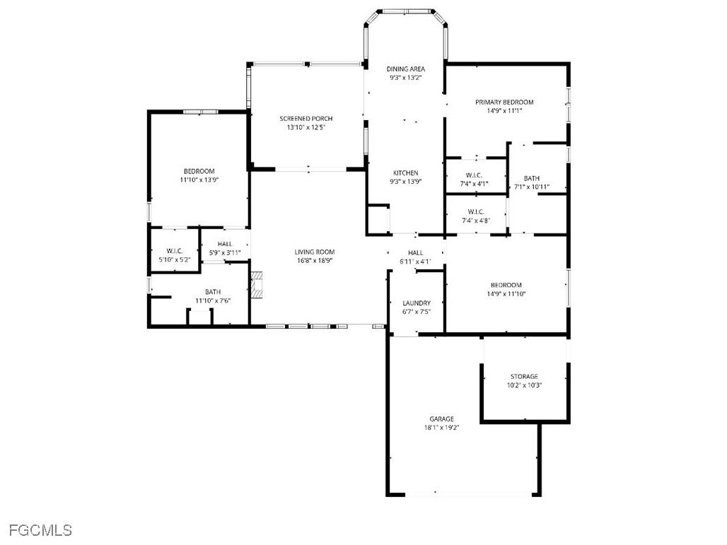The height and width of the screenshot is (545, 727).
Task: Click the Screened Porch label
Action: click(306, 119)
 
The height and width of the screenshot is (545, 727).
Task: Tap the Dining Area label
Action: click(405, 69)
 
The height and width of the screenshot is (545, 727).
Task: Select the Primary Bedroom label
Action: click(504, 102)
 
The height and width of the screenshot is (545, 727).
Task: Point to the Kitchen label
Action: click(405, 173)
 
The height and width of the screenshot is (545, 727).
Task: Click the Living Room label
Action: click(315, 252)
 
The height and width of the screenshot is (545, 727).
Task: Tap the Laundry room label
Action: click(416, 303)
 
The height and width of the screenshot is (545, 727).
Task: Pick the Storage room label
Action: click(524, 377)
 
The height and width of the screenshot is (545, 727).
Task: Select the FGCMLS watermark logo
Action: click(40, 529)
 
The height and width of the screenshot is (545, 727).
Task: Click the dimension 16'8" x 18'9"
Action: click(315, 261)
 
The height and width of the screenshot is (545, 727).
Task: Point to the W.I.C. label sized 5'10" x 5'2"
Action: click(175, 251)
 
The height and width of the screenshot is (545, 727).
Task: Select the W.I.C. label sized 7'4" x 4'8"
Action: click(475, 211)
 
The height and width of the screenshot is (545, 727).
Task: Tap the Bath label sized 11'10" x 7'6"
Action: click(213, 292)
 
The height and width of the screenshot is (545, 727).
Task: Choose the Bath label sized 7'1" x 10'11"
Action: click(532, 178)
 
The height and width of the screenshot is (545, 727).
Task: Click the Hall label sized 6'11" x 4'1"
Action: click(415, 253)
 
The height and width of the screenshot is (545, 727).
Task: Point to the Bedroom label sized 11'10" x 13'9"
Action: click(199, 171)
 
